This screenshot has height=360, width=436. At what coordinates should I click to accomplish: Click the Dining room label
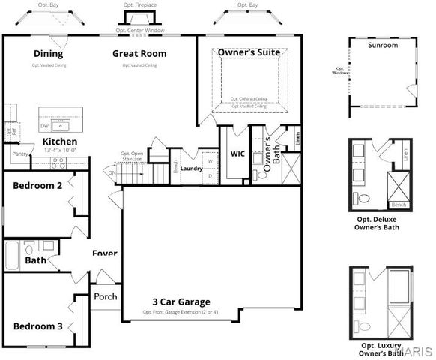pyautogui.click(x=48, y=53)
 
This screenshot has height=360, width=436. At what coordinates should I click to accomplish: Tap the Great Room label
pyautogui.click(x=139, y=53)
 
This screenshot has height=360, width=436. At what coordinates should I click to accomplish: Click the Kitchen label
pyautogui.click(x=59, y=141)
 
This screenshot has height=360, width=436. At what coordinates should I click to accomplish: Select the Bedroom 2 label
pyautogui.click(x=37, y=185)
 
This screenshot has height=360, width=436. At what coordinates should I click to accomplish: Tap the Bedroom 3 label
pyautogui.click(x=37, y=325)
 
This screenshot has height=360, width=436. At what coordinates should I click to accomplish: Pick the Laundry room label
pyautogui.click(x=192, y=169)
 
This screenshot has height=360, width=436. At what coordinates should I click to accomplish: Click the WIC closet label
pyautogui.click(x=237, y=154)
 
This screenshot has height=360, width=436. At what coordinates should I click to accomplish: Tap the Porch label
pyautogui.click(x=106, y=296)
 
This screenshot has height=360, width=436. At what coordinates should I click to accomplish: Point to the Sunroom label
pyautogui.click(x=382, y=46)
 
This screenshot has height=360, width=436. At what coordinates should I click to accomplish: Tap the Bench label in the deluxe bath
pyautogui.click(x=399, y=204)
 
